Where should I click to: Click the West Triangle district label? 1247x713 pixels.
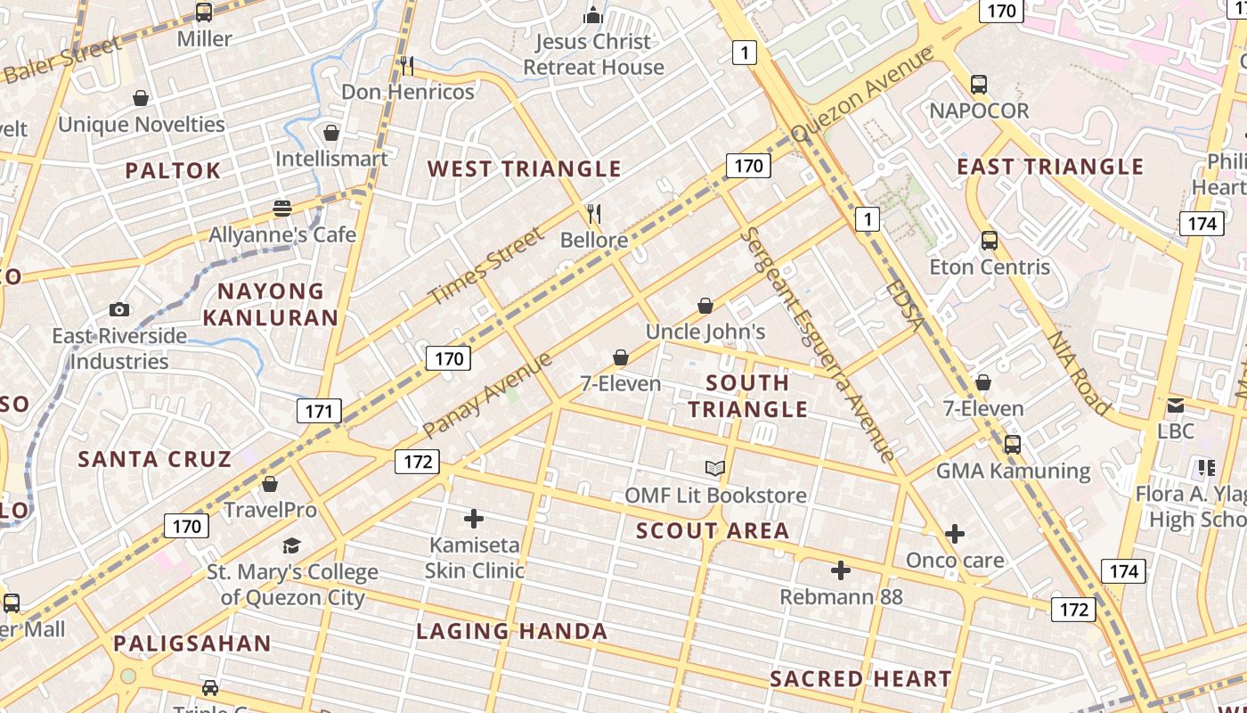[x=524, y=168]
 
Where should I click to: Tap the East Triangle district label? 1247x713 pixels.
[x=1050, y=167]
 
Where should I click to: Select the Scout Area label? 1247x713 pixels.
[x=713, y=531]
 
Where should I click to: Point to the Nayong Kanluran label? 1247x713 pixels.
[x=271, y=304]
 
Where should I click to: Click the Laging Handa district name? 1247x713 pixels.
[x=512, y=632]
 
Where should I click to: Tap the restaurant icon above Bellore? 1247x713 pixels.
[x=594, y=213]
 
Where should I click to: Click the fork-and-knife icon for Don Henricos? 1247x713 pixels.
[x=407, y=65]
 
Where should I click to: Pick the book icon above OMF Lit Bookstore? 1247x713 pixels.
[x=715, y=468]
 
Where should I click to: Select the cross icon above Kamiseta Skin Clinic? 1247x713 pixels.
[x=474, y=518]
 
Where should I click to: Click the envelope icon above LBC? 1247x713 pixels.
[x=1176, y=406]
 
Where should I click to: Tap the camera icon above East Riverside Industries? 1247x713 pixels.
[x=119, y=309]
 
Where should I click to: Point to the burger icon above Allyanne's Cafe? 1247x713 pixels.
[x=282, y=209]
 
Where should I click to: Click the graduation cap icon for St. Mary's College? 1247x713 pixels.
[x=291, y=545]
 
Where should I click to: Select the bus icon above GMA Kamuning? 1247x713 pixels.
[x=1013, y=444]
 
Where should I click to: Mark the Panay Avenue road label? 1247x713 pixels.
[x=487, y=395]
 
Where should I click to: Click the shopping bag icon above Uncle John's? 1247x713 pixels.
[x=705, y=306]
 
